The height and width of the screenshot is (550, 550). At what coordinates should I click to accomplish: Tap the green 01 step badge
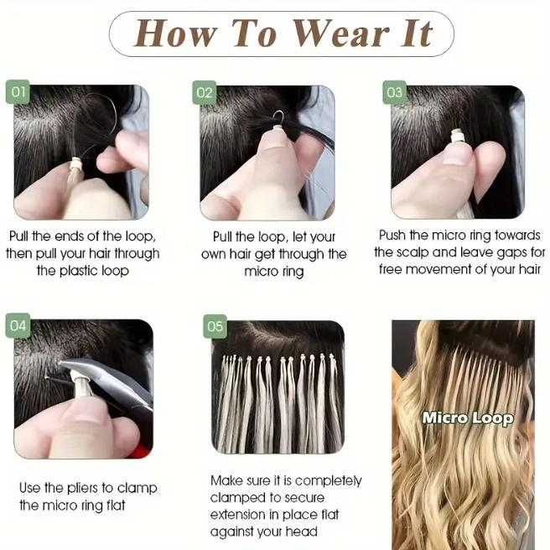click(18, 91)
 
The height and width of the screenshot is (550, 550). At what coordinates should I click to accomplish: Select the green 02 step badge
click(205, 91)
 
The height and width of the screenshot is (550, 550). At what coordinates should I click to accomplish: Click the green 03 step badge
click(395, 91)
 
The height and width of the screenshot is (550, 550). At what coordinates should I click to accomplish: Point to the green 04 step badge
click(18, 324)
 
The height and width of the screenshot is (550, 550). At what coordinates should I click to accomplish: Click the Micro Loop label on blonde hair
click(467, 417)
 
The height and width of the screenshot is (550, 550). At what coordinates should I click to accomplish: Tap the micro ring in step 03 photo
click(457, 135)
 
